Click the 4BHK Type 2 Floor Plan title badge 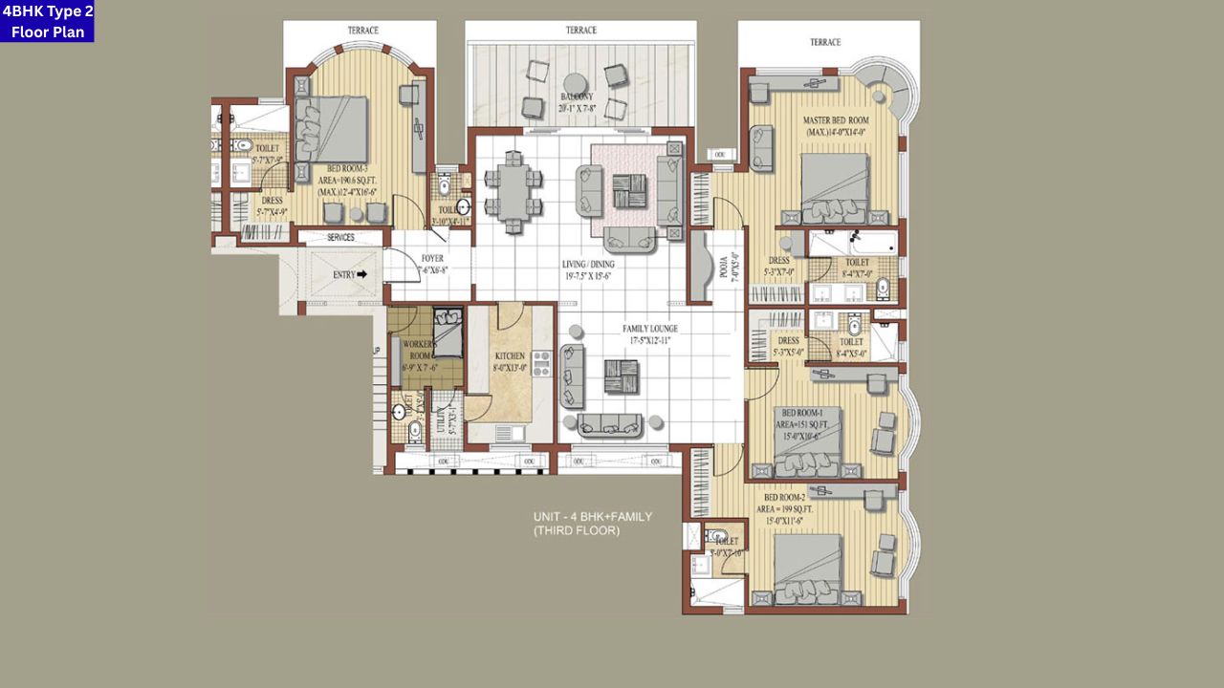[47, 21]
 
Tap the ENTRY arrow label [350, 274]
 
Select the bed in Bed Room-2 [808, 570]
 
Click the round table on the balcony [575, 83]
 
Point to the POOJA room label [729, 267]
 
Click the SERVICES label [340, 237]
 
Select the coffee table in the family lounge [622, 376]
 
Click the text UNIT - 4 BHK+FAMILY [593, 517]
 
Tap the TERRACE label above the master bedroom [825, 42]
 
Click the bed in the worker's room [448, 332]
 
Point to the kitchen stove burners [542, 363]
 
